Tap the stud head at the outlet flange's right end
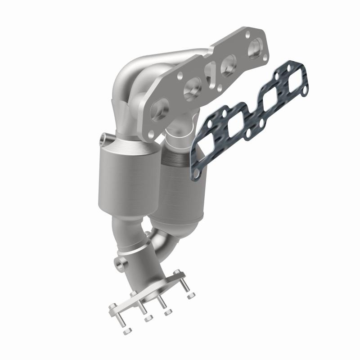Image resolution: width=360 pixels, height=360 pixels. click(179, 272)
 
